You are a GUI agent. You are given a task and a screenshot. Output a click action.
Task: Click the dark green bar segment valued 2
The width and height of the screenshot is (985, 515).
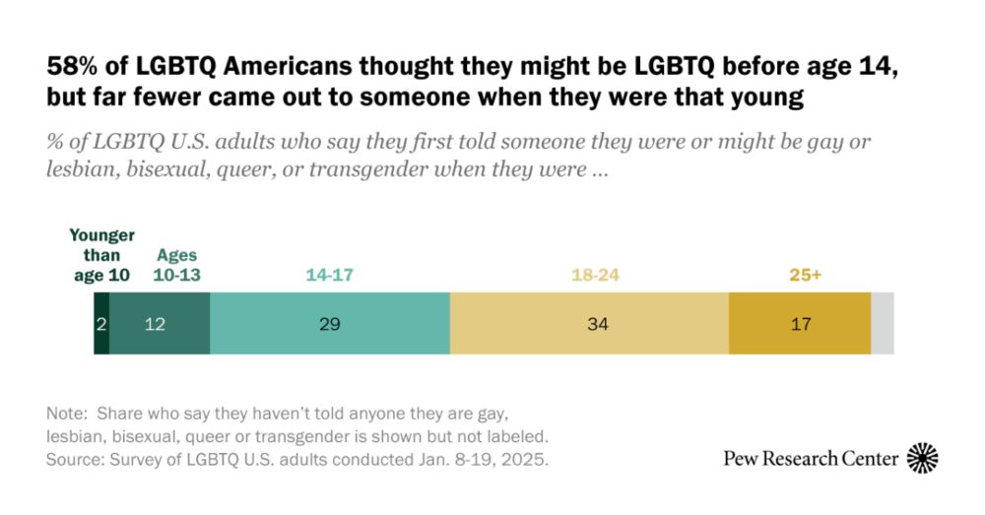[101, 323]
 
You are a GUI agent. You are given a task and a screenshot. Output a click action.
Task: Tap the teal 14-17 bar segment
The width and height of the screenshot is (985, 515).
[330, 323]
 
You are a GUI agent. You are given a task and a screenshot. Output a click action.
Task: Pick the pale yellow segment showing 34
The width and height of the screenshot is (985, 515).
[589, 323]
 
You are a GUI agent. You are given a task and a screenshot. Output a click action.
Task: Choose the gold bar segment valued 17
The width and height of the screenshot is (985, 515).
[800, 323]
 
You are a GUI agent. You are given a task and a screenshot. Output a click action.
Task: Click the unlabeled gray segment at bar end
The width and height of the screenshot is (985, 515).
[883, 323]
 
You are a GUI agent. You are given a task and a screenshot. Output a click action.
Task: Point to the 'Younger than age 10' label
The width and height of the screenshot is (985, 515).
[102, 256]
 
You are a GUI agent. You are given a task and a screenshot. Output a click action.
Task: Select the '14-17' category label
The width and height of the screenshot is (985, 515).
[329, 276]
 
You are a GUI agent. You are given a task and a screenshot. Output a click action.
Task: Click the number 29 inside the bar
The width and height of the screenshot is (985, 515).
[330, 324]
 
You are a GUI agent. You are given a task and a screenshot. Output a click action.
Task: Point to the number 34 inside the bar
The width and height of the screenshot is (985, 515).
[589, 324]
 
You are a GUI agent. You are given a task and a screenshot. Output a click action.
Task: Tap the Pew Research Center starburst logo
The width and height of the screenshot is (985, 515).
[922, 458]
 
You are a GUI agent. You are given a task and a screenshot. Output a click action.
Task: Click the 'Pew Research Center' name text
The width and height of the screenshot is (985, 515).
[810, 459]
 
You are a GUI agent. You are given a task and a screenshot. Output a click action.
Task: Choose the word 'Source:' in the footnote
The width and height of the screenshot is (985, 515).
[75, 460]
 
